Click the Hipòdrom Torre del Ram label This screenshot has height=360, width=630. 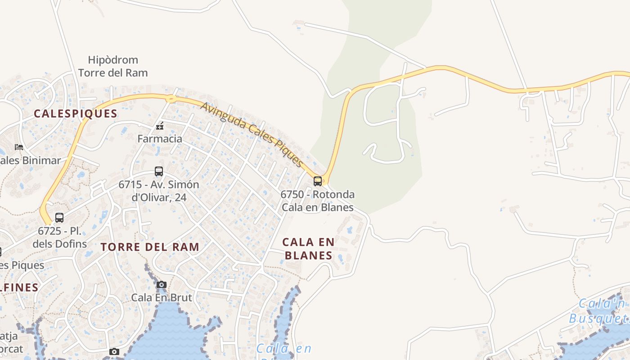click(x=113, y=66)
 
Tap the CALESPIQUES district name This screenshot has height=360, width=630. click(x=76, y=114)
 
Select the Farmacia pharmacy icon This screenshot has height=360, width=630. click(x=159, y=126)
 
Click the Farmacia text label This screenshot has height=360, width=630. click(x=160, y=139)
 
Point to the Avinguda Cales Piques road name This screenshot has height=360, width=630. click(x=251, y=134)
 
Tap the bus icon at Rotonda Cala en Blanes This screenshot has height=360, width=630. click(x=318, y=181)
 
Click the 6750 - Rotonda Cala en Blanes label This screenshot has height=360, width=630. click(x=317, y=201)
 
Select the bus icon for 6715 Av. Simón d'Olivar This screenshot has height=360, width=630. click(x=159, y=171)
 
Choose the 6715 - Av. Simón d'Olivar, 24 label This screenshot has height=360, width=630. click(x=158, y=191)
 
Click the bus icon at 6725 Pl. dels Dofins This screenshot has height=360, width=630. click(x=59, y=218)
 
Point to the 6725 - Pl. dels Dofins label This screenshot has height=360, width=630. click(x=60, y=238)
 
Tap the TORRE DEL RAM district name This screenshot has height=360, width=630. click(x=150, y=247)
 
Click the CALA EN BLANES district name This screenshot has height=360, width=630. click(x=309, y=249)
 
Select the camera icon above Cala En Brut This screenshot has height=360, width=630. click(x=162, y=284)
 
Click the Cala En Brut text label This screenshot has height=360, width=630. click(x=162, y=297)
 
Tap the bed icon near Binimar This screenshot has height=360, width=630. click(x=18, y=147)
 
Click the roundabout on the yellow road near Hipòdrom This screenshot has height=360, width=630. click(x=171, y=99)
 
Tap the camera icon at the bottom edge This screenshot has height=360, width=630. click(x=114, y=351)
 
